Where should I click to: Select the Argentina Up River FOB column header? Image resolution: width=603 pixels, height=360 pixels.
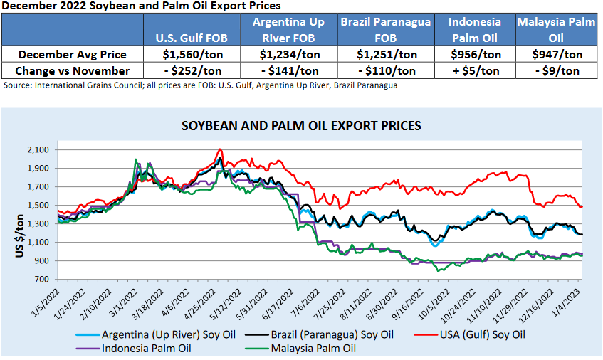tap(288, 28)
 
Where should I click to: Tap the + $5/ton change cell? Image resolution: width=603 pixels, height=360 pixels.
tap(474, 70)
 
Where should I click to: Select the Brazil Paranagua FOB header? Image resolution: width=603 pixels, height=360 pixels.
tap(385, 28)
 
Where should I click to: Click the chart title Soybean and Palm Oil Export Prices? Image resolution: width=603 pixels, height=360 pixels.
tap(301, 126)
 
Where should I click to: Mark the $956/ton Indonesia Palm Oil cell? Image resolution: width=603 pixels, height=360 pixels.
tap(474, 54)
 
